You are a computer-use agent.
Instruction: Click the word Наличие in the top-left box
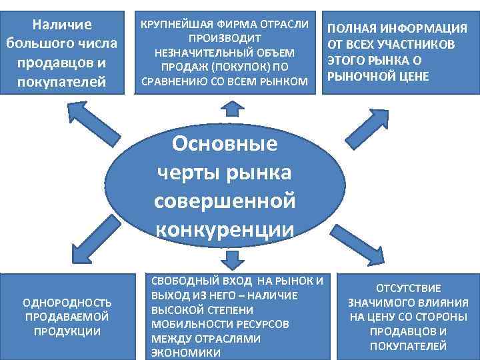tap(61, 25)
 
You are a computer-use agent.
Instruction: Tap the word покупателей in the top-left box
tap(61, 82)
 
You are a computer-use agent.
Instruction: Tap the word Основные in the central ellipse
tap(225, 145)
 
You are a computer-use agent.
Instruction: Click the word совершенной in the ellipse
tap(225, 201)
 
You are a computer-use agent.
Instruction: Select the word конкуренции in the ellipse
tap(225, 229)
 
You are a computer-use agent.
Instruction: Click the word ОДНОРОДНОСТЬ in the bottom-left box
tap(67, 302)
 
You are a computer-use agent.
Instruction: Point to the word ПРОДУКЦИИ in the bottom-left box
tap(67, 331)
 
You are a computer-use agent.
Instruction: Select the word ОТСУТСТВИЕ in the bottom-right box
tap(409, 288)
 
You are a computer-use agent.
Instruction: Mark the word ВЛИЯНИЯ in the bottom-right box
tap(441, 303)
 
